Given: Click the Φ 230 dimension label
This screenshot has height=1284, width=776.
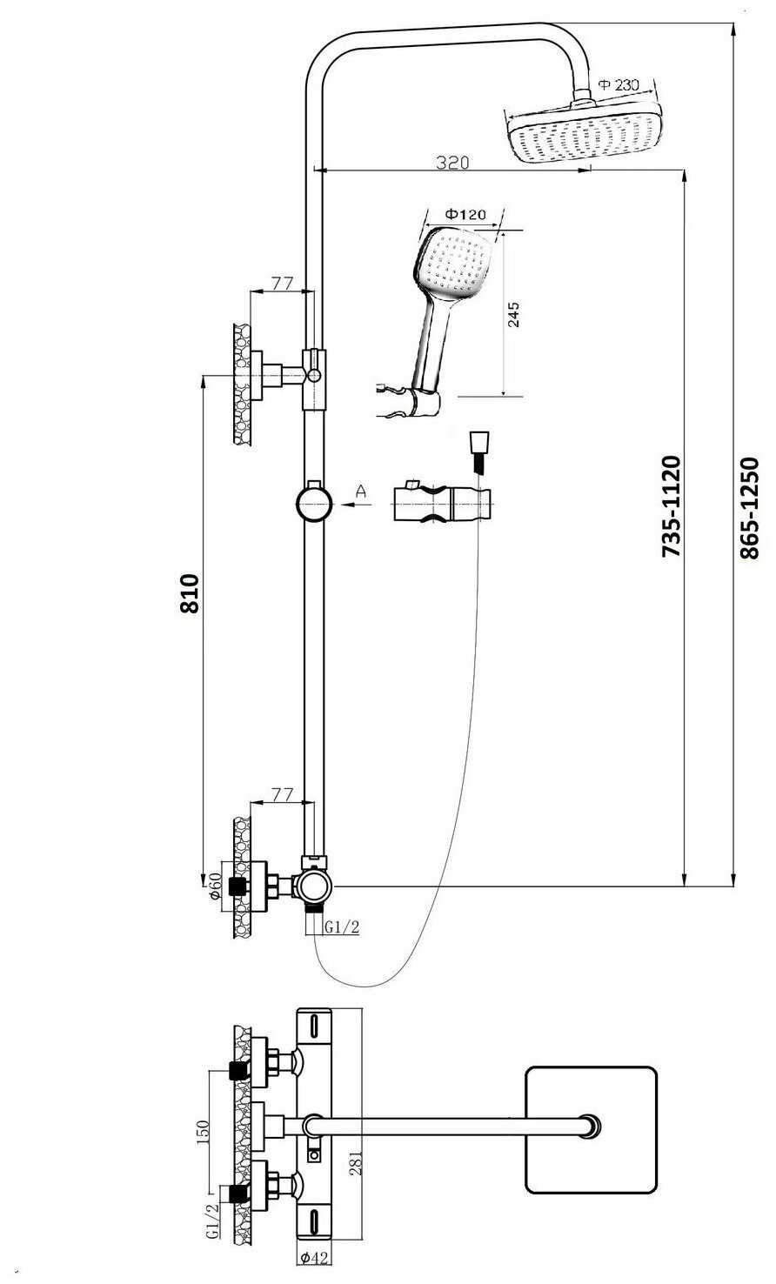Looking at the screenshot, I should pos(619,84).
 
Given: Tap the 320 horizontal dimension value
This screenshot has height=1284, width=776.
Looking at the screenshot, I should pos(452,162).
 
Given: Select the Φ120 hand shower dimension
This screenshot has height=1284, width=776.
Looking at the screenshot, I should pos(465,214).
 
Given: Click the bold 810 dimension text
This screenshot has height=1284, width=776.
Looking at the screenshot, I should pos(189,593).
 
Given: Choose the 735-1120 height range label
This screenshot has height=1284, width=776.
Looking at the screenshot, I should pos(671,505).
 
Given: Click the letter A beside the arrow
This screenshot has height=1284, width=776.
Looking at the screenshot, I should pos(362,493).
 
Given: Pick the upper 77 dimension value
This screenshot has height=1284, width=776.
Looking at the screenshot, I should pos(281,282).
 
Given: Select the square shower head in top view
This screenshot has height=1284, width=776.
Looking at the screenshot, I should pos(591,1128).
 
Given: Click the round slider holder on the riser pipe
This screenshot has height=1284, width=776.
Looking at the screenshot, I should pos(313,503).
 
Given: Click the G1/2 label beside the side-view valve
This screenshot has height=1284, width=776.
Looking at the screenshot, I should pos(341,927).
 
